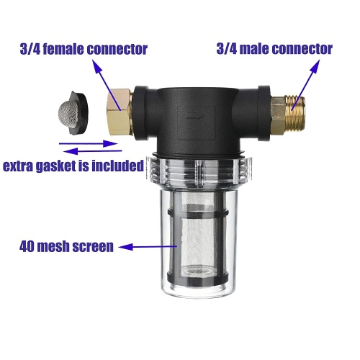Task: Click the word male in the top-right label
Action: click(254, 49)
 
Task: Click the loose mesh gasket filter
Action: click(73, 113)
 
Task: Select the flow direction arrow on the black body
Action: click(195, 116)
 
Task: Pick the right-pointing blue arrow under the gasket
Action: click(88, 144)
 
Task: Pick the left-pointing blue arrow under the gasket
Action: click(92, 151)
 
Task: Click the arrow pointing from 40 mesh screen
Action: click(148, 247)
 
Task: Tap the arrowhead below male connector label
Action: click(315, 66)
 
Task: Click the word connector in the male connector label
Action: click(302, 49)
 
